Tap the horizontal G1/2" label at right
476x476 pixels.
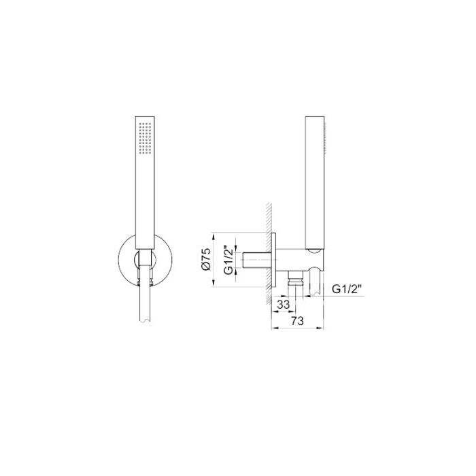point(347,289)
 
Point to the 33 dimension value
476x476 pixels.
point(284,304)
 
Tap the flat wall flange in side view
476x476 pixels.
point(275,261)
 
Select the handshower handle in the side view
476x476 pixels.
point(315,184)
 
